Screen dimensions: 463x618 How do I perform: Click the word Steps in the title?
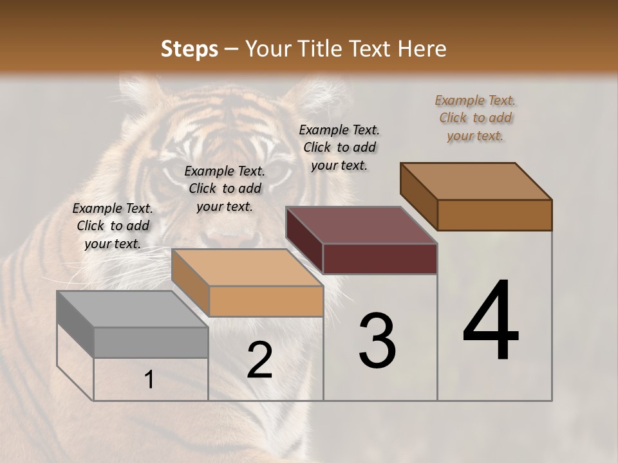(x=189, y=49)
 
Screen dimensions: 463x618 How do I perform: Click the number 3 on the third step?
(x=377, y=341)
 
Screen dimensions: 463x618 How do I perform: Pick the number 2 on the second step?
(x=259, y=360)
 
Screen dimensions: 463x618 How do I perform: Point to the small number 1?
(x=149, y=380)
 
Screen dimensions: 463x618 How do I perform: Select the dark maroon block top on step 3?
(x=361, y=225)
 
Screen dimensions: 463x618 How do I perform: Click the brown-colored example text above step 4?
(x=475, y=118)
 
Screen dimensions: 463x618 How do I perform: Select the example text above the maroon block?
(x=339, y=147)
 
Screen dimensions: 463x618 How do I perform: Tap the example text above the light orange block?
(x=225, y=188)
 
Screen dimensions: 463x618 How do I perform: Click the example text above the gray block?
(x=113, y=226)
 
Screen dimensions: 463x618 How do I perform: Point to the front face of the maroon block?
(x=380, y=259)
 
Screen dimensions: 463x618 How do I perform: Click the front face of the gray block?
(x=151, y=343)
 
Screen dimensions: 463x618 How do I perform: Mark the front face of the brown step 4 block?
(x=494, y=215)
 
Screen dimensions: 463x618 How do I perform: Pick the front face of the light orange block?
(x=266, y=301)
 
